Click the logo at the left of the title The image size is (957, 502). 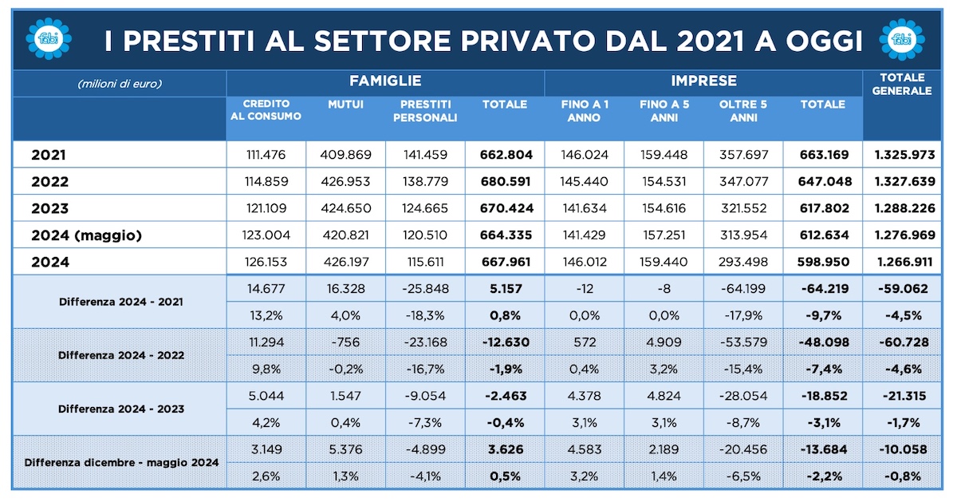tap(49, 38)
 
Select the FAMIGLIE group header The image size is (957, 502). tap(385, 81)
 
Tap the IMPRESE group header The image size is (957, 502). tap(703, 81)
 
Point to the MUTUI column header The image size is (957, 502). tap(345, 105)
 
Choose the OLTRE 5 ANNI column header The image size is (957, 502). tap(742, 111)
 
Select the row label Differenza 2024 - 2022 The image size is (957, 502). tap(120, 354)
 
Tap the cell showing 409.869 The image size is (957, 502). tap(345, 155)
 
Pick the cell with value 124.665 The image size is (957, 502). tap(425, 208)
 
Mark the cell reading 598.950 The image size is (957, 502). tap(823, 262)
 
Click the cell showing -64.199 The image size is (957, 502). tap(742, 288)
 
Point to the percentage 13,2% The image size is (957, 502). tap(266, 314)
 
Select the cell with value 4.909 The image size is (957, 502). tap(664, 342)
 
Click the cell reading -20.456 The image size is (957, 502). tap(742, 449)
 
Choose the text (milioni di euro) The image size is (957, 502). tap(120, 83)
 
